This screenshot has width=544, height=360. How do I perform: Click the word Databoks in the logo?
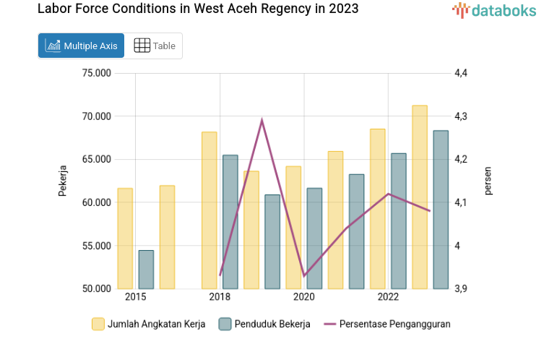pyautogui.click(x=504, y=11)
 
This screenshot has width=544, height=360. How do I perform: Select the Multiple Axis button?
pyautogui.click(x=81, y=46)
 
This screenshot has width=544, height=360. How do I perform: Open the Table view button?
pyautogui.click(x=155, y=46)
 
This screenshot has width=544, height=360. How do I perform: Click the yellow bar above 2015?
pyautogui.click(x=125, y=239)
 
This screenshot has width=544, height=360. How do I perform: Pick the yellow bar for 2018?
pyautogui.click(x=210, y=210)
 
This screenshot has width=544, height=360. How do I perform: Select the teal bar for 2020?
pyautogui.click(x=314, y=238)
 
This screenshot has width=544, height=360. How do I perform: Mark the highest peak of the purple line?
pyautogui.click(x=262, y=120)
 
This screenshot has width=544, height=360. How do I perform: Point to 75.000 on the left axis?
pyautogui.click(x=96, y=73)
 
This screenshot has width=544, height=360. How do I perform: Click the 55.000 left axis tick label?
pyautogui.click(x=96, y=246)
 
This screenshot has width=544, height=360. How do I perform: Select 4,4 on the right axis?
pyautogui.click(x=461, y=73)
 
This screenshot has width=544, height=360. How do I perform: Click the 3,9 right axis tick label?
pyautogui.click(x=461, y=288)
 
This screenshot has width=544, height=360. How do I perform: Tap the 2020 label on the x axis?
pyautogui.click(x=303, y=297)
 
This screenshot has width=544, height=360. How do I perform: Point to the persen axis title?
pyautogui.click(x=488, y=181)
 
